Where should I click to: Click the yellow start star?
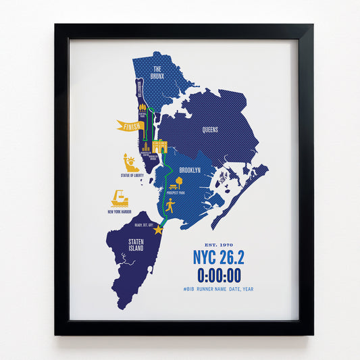[158, 230]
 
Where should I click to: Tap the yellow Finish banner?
[130, 126]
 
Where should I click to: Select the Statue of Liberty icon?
[130, 163]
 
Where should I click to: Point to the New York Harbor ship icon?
[120, 199]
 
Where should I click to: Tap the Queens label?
[209, 130]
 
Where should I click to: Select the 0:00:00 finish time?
[219, 276]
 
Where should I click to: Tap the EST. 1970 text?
[218, 244]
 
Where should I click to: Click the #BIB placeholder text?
[189, 289]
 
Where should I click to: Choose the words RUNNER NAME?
[214, 289]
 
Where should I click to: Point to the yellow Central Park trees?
[143, 107]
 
